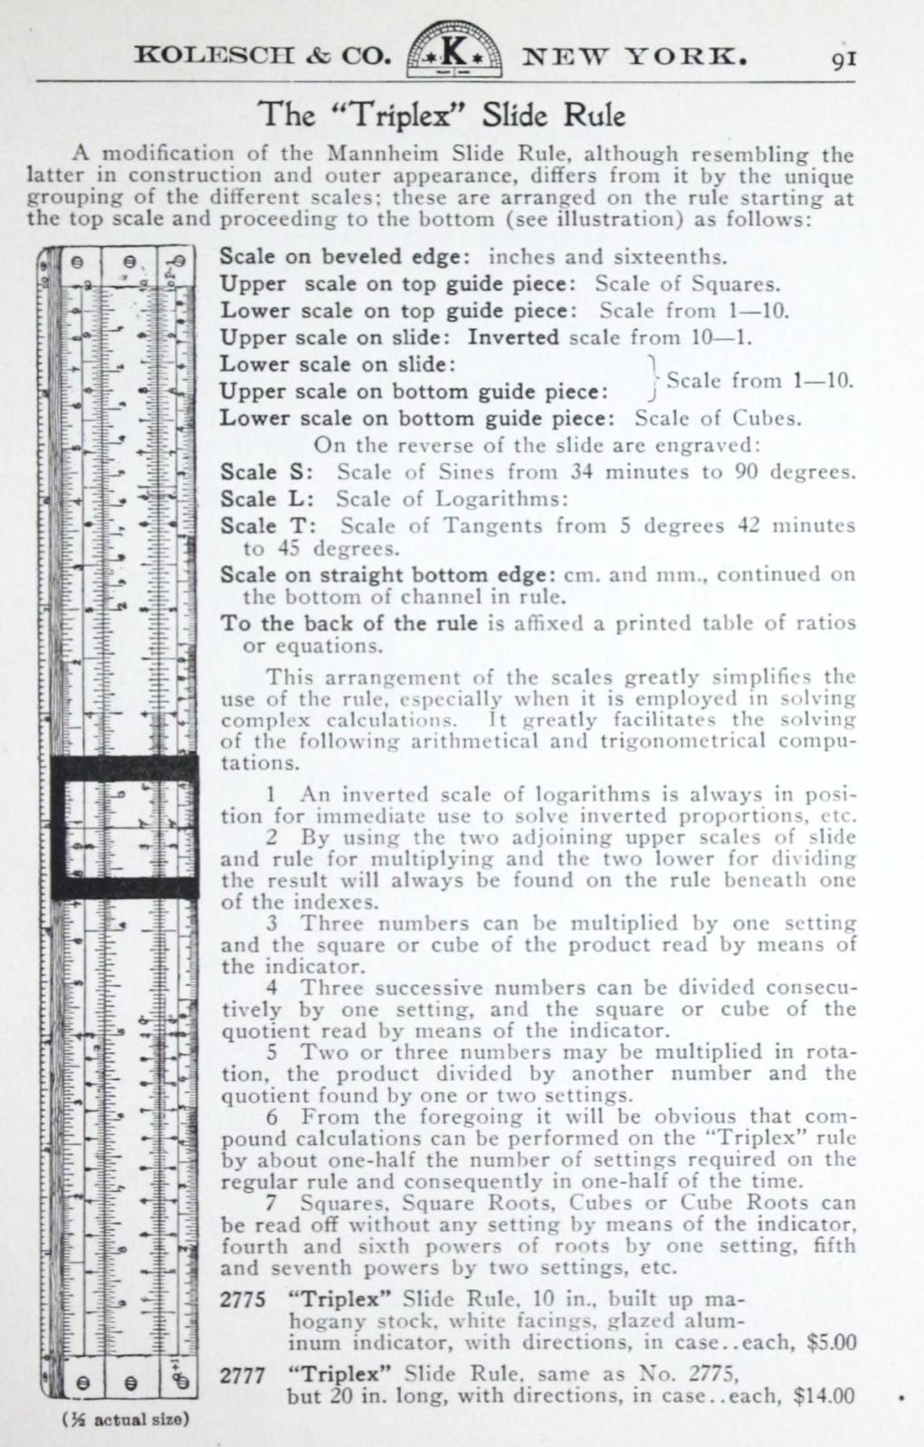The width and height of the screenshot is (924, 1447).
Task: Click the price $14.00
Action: (824, 1395)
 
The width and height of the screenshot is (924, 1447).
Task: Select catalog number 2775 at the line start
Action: (242, 1300)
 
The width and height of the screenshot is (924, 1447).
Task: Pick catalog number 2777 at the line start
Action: (242, 1375)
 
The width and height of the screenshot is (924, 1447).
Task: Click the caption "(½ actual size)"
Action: (125, 1418)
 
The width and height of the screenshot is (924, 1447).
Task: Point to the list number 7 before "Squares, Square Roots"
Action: (271, 1203)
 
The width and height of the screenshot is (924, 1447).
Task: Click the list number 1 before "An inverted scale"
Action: (271, 794)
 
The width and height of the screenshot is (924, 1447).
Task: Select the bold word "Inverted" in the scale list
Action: (512, 337)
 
